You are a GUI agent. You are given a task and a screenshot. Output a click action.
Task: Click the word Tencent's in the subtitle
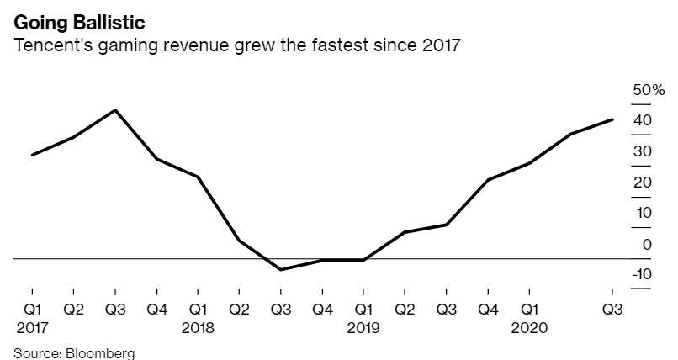click(x=50, y=45)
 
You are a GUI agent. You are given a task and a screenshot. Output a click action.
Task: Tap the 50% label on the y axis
click(x=649, y=90)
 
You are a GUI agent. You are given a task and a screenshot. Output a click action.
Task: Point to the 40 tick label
click(x=643, y=120)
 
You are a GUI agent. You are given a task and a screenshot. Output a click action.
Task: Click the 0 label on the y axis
click(x=647, y=244)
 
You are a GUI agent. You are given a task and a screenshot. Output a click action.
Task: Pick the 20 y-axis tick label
click(x=643, y=183)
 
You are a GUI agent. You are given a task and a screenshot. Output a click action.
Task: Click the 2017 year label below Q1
click(x=32, y=327)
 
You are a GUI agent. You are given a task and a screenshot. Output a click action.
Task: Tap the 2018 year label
click(x=198, y=327)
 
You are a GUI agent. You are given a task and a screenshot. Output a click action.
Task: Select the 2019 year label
click(x=363, y=327)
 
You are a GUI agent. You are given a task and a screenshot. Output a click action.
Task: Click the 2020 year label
click(x=529, y=327)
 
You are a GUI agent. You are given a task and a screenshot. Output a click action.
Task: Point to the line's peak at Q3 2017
click(x=115, y=110)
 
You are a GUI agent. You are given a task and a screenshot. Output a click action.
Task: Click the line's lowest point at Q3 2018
click(x=280, y=270)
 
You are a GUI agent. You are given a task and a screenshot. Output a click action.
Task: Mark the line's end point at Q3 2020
click(x=612, y=119)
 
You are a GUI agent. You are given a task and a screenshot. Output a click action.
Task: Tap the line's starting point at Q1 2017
click(x=32, y=155)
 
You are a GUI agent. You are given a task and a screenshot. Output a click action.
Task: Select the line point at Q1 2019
click(x=363, y=261)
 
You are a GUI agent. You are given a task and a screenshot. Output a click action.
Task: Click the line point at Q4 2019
click(x=488, y=180)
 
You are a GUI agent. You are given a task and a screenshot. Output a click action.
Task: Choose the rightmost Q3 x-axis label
click(x=612, y=309)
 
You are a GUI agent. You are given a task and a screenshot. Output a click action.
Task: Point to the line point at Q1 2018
click(x=198, y=177)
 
